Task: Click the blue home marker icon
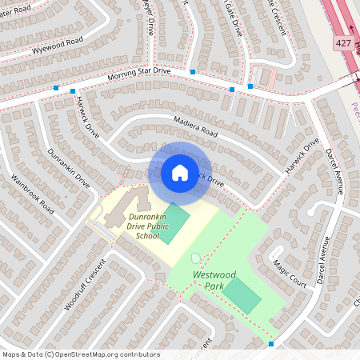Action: pos(180,172)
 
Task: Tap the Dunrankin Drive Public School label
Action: pos(136,226)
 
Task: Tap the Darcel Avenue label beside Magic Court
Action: pos(322,263)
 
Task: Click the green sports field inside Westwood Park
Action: pos(242,295)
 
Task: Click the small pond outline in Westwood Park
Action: pos(197,258)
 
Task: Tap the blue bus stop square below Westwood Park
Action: pos(271,344)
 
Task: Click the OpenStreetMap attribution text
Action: pos(80,354)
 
